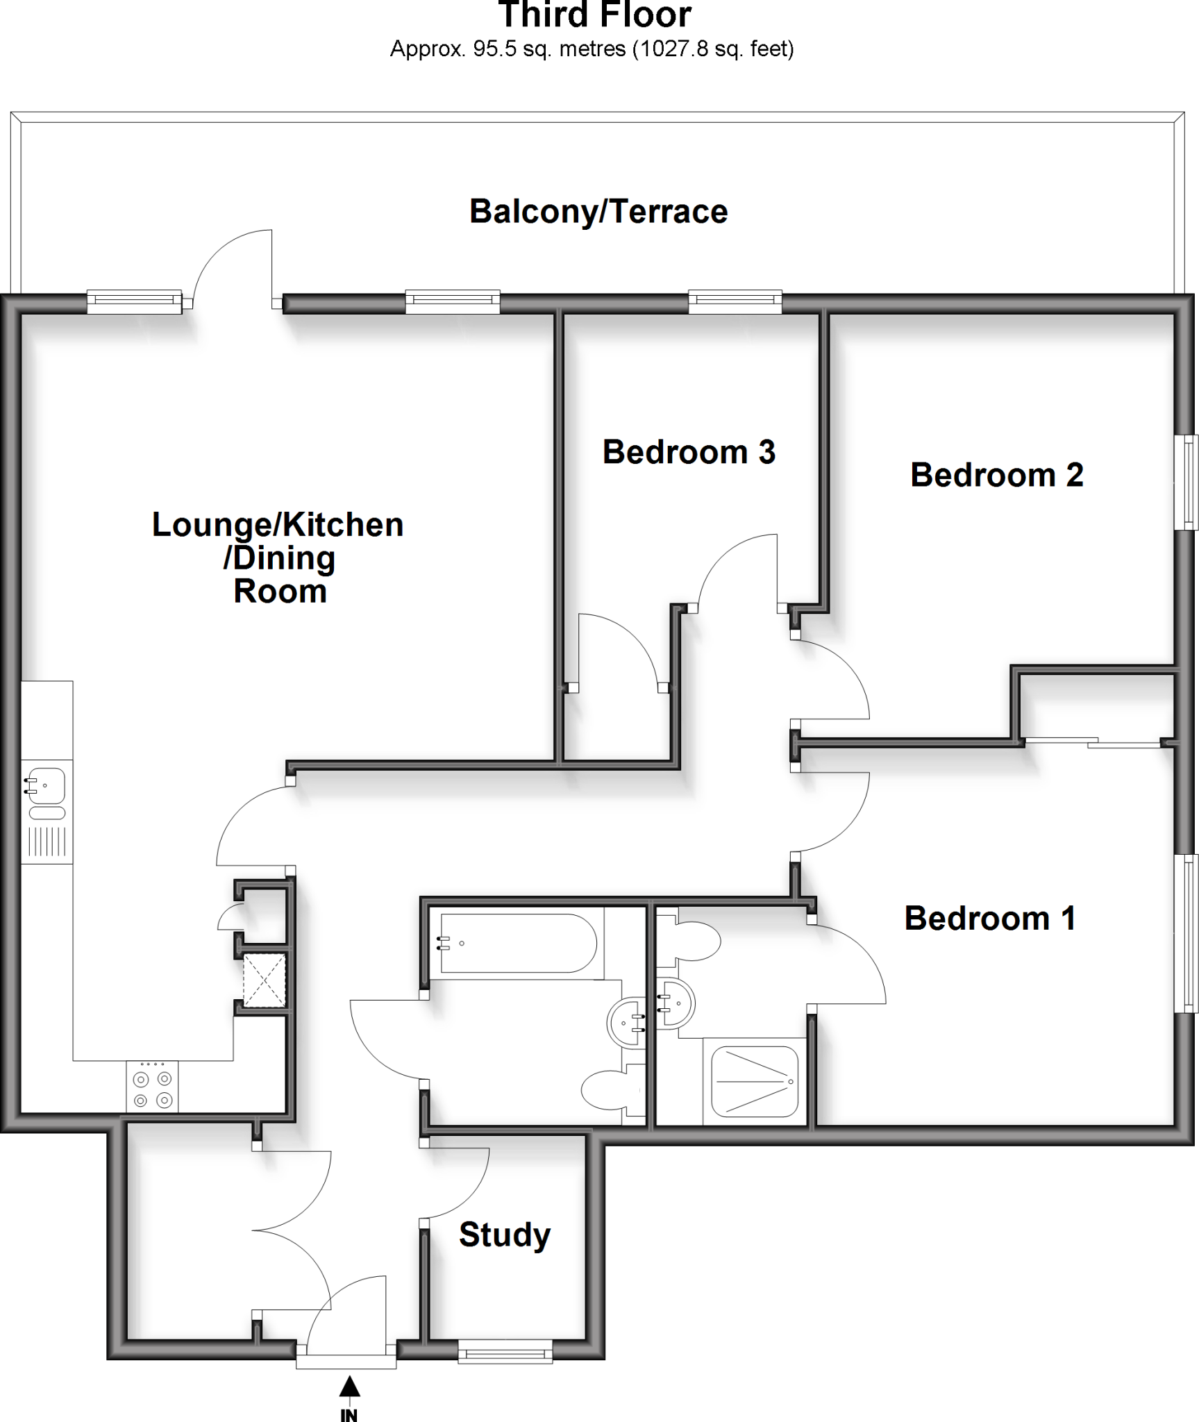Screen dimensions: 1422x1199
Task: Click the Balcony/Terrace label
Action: point(598,212)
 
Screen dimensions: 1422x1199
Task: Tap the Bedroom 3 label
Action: point(688,452)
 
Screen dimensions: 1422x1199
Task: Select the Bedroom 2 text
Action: point(996,475)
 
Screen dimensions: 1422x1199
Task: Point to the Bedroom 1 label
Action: point(989,918)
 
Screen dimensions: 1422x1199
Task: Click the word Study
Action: point(505,1234)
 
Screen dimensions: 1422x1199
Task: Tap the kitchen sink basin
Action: point(47,786)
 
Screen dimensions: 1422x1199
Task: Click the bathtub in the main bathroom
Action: point(517,943)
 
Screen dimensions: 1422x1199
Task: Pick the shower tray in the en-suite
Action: point(754,1081)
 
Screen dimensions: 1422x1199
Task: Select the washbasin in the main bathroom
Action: point(628,1021)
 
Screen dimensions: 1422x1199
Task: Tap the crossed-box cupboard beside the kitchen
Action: point(264,980)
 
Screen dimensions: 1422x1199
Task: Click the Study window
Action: point(505,1352)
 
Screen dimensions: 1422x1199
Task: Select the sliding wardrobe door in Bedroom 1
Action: point(1093,742)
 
